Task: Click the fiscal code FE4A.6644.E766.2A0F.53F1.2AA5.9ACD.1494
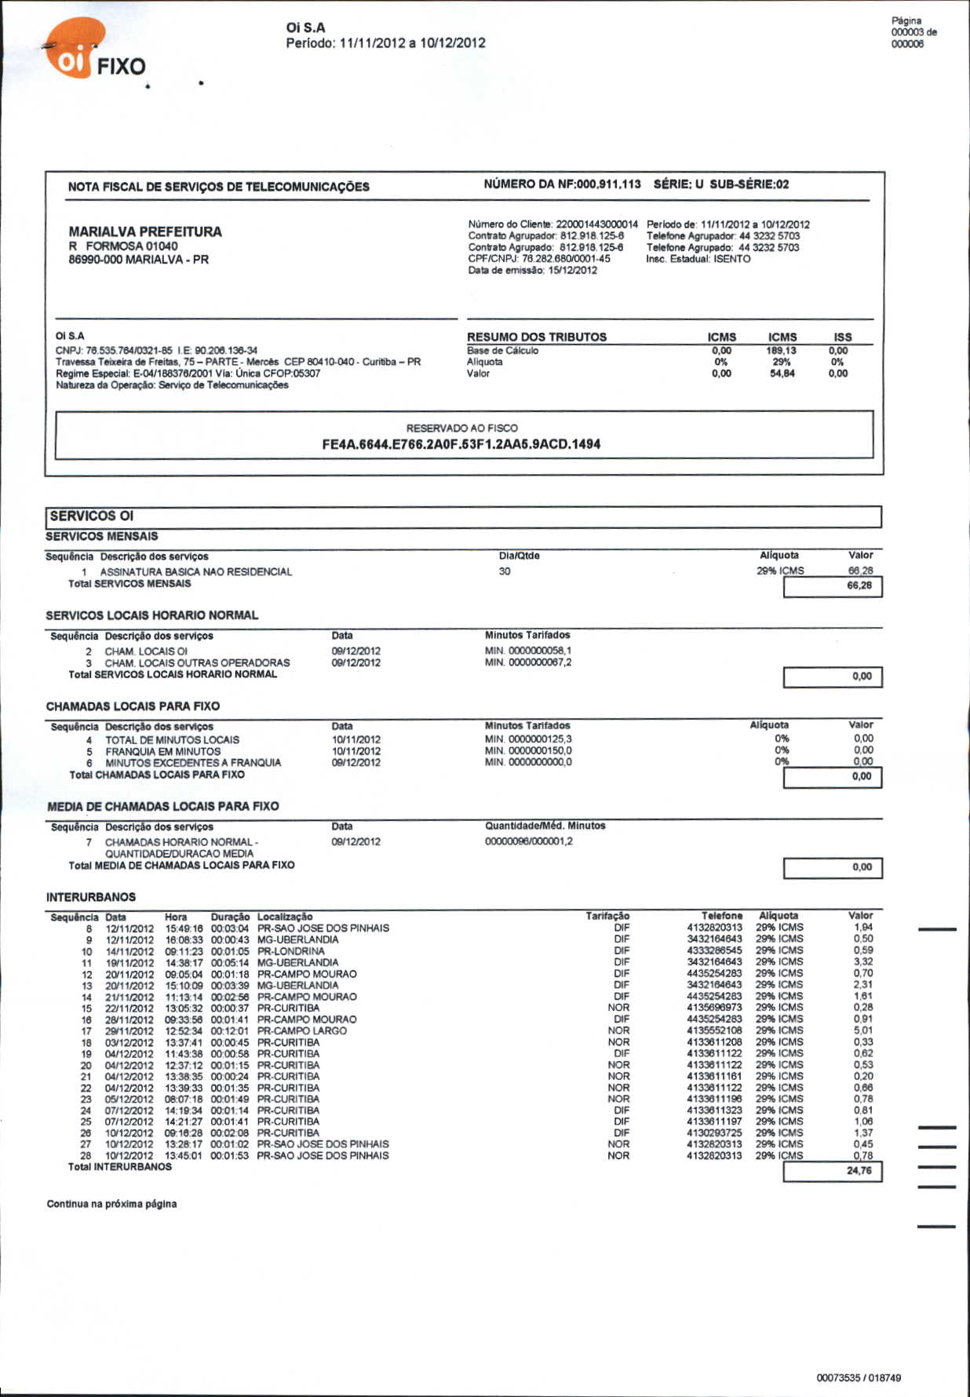pyautogui.click(x=461, y=444)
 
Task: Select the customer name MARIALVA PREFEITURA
pyautogui.click(x=145, y=232)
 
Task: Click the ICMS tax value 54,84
pyautogui.click(x=782, y=374)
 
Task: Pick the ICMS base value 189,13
pyautogui.click(x=782, y=351)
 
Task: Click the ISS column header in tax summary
pyautogui.click(x=843, y=337)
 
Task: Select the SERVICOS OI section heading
pyautogui.click(x=92, y=516)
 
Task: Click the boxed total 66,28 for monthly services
pyautogui.click(x=859, y=585)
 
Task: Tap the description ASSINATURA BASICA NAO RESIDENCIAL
pyautogui.click(x=195, y=571)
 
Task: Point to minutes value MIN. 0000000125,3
pyautogui.click(x=528, y=739)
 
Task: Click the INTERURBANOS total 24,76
pyautogui.click(x=859, y=1170)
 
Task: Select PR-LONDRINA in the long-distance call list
pyautogui.click(x=290, y=950)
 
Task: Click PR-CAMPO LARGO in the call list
pyautogui.click(x=301, y=1030)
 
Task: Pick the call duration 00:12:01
pyautogui.click(x=230, y=1030)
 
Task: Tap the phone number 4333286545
pyautogui.click(x=714, y=950)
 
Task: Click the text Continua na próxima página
pyautogui.click(x=111, y=1204)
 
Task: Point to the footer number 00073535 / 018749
pyautogui.click(x=859, y=1377)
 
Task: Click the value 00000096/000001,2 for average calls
pyautogui.click(x=529, y=841)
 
